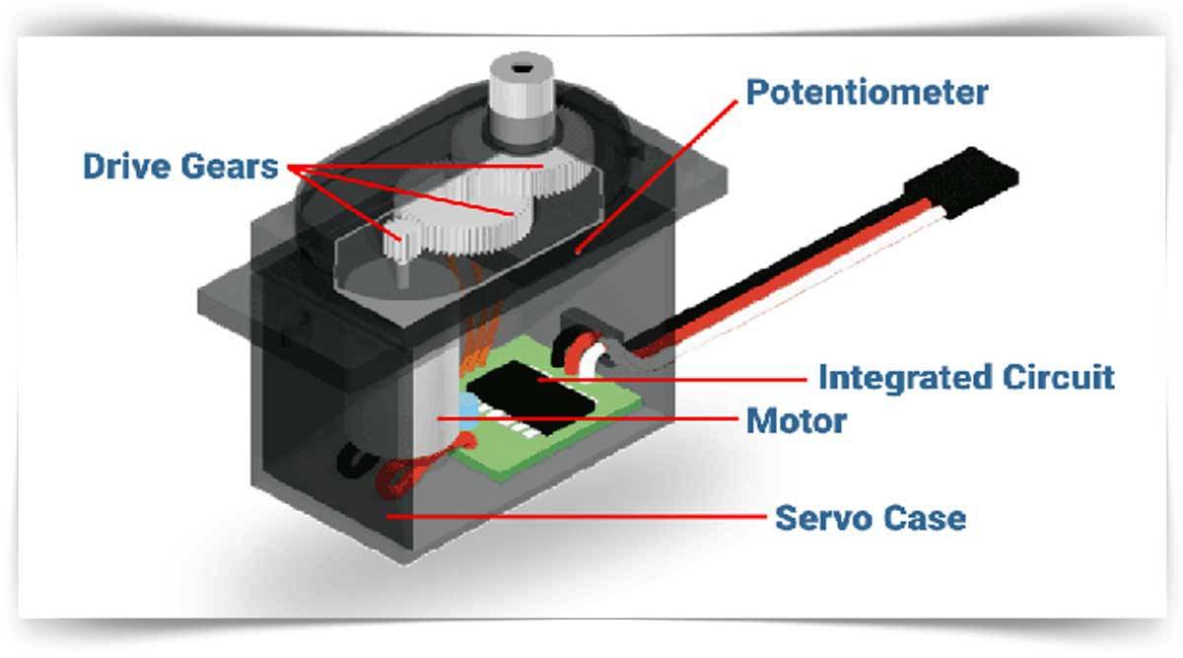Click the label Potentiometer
[867, 93]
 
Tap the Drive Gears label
[180, 166]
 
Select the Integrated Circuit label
[966, 377]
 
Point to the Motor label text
[797, 421]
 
